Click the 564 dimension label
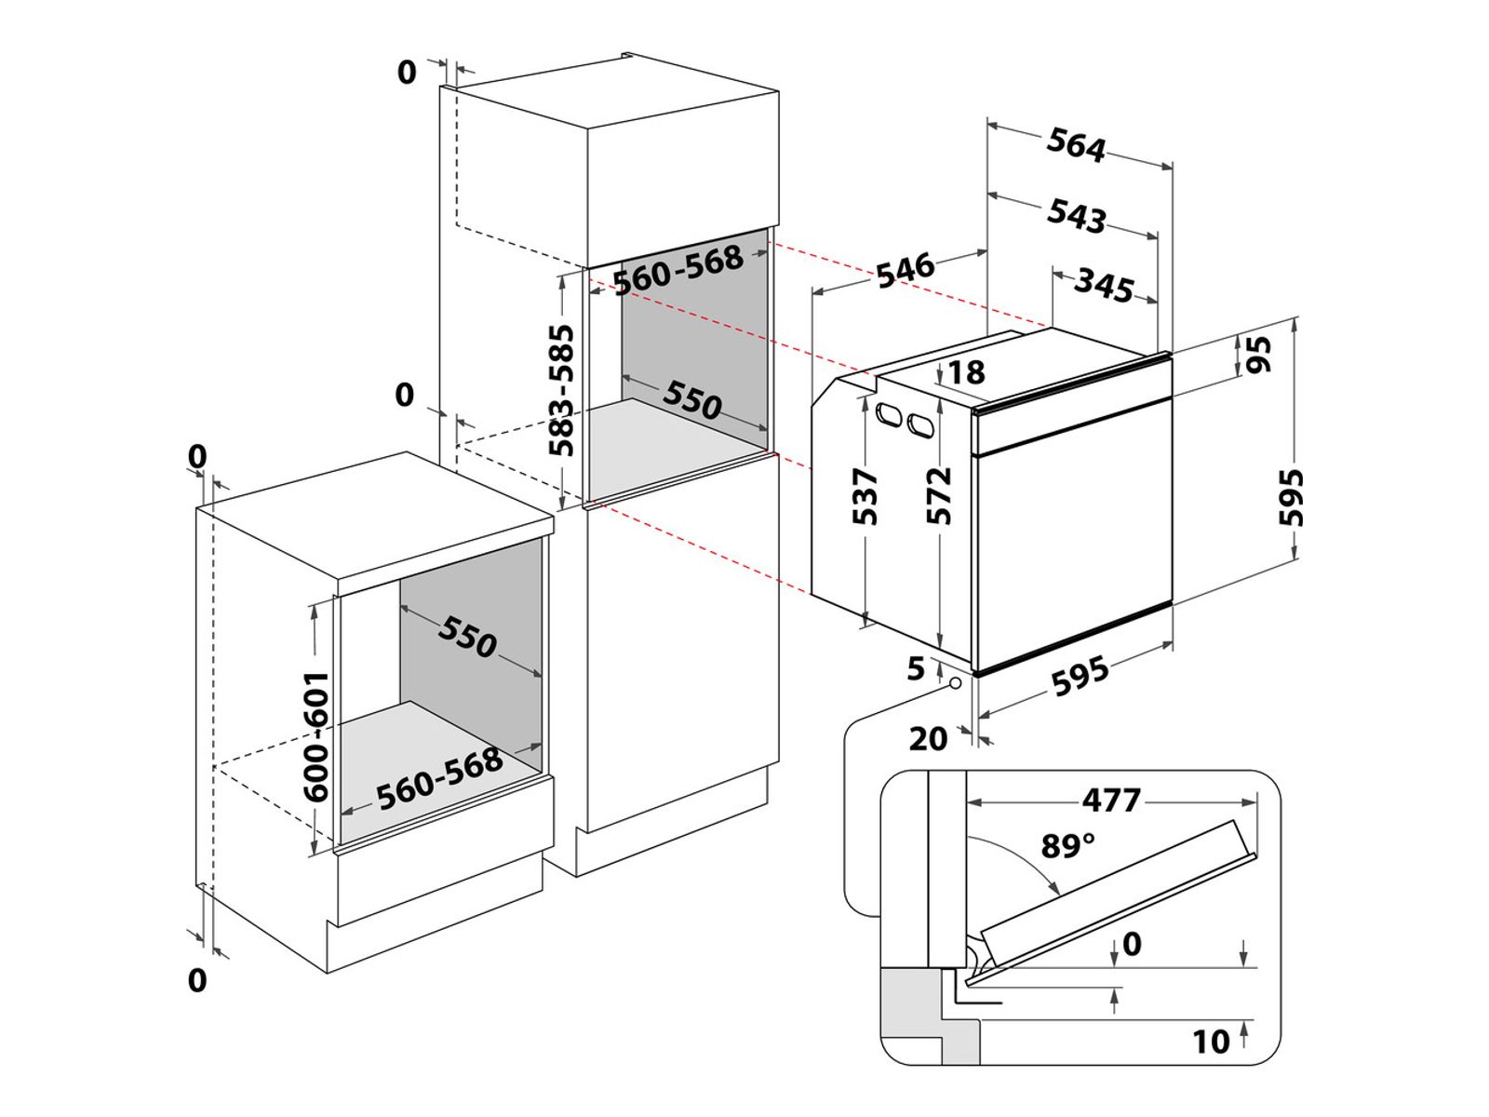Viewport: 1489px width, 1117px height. [1076, 145]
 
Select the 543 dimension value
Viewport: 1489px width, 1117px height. [1077, 215]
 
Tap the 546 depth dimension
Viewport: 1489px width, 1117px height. [905, 270]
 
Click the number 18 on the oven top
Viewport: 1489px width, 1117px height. [966, 372]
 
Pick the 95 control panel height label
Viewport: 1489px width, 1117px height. [1258, 355]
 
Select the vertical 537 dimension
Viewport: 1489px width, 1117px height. [865, 497]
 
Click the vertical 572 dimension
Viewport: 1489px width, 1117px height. [940, 496]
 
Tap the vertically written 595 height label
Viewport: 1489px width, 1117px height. [1292, 498]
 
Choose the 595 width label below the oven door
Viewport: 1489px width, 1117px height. [1080, 677]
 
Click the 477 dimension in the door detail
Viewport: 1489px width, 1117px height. [1111, 800]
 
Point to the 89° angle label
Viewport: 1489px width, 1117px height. [1067, 846]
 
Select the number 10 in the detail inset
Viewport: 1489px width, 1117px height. [1211, 1042]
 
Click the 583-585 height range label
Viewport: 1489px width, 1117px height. [560, 391]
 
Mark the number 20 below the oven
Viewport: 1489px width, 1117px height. [928, 739]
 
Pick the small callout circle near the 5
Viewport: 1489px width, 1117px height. [955, 683]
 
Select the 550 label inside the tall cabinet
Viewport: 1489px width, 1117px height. [692, 399]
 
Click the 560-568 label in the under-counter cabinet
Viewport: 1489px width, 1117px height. [439, 777]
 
